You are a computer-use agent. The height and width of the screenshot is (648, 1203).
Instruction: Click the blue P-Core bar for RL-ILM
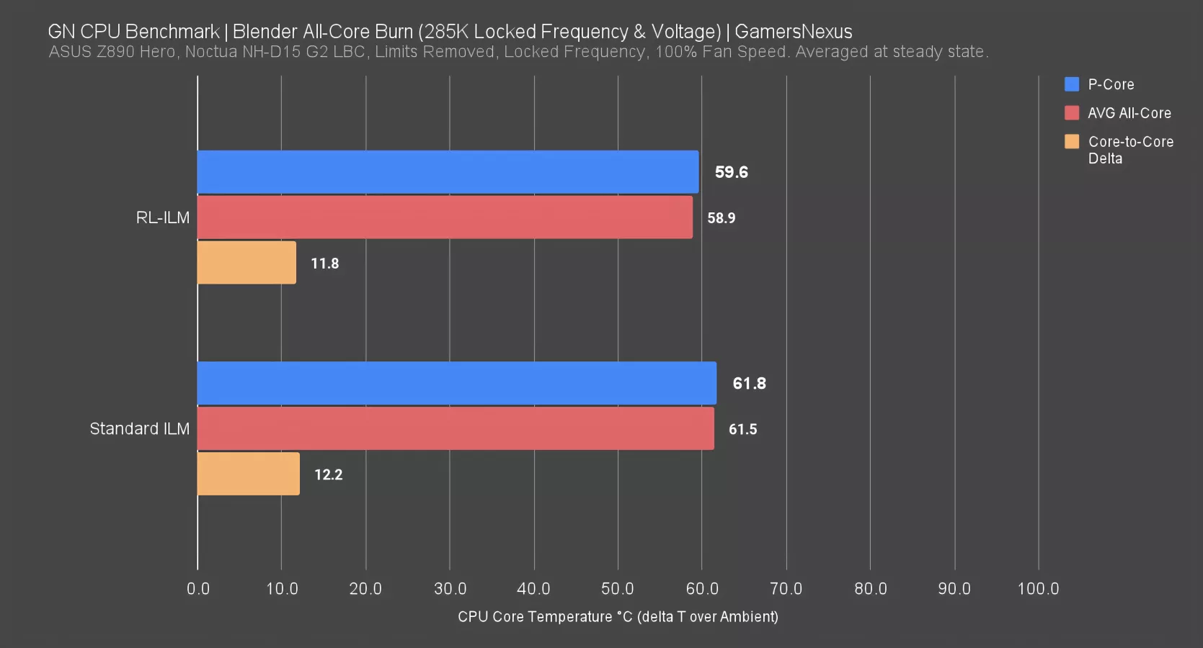point(448,172)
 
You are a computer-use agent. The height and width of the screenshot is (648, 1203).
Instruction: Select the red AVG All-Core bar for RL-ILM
point(445,217)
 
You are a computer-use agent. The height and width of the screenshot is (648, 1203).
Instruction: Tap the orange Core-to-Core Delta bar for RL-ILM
point(247,263)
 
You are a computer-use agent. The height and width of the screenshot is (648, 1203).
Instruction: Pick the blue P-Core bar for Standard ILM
point(456,383)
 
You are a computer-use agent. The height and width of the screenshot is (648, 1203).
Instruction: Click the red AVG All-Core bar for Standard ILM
point(456,428)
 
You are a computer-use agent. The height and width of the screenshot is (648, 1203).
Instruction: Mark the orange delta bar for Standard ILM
point(248,474)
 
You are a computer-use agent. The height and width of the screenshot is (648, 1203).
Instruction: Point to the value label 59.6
point(731,172)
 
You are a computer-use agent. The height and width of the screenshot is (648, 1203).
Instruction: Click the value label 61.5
point(742,429)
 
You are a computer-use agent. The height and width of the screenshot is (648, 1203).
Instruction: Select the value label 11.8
point(324,264)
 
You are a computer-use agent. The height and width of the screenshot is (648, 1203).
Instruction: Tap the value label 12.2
point(328,474)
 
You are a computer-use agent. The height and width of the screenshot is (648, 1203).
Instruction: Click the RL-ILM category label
point(162,217)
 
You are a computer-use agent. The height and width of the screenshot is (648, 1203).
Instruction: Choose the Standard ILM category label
point(139,428)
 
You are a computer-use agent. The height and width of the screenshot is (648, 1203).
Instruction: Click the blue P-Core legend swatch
point(1072,84)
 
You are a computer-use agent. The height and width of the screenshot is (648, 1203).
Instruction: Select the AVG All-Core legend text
point(1129,113)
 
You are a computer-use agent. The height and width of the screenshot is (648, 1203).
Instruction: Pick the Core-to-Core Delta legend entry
point(1130,150)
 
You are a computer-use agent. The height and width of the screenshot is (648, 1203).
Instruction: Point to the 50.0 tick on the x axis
point(618,588)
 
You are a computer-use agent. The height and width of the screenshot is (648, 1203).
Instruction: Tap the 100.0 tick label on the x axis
point(1038,588)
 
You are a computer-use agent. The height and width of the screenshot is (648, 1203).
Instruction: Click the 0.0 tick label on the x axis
point(197,588)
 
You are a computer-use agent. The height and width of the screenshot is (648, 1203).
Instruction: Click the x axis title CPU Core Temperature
point(618,616)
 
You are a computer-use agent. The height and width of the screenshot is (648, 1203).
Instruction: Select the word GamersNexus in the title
point(793,32)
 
